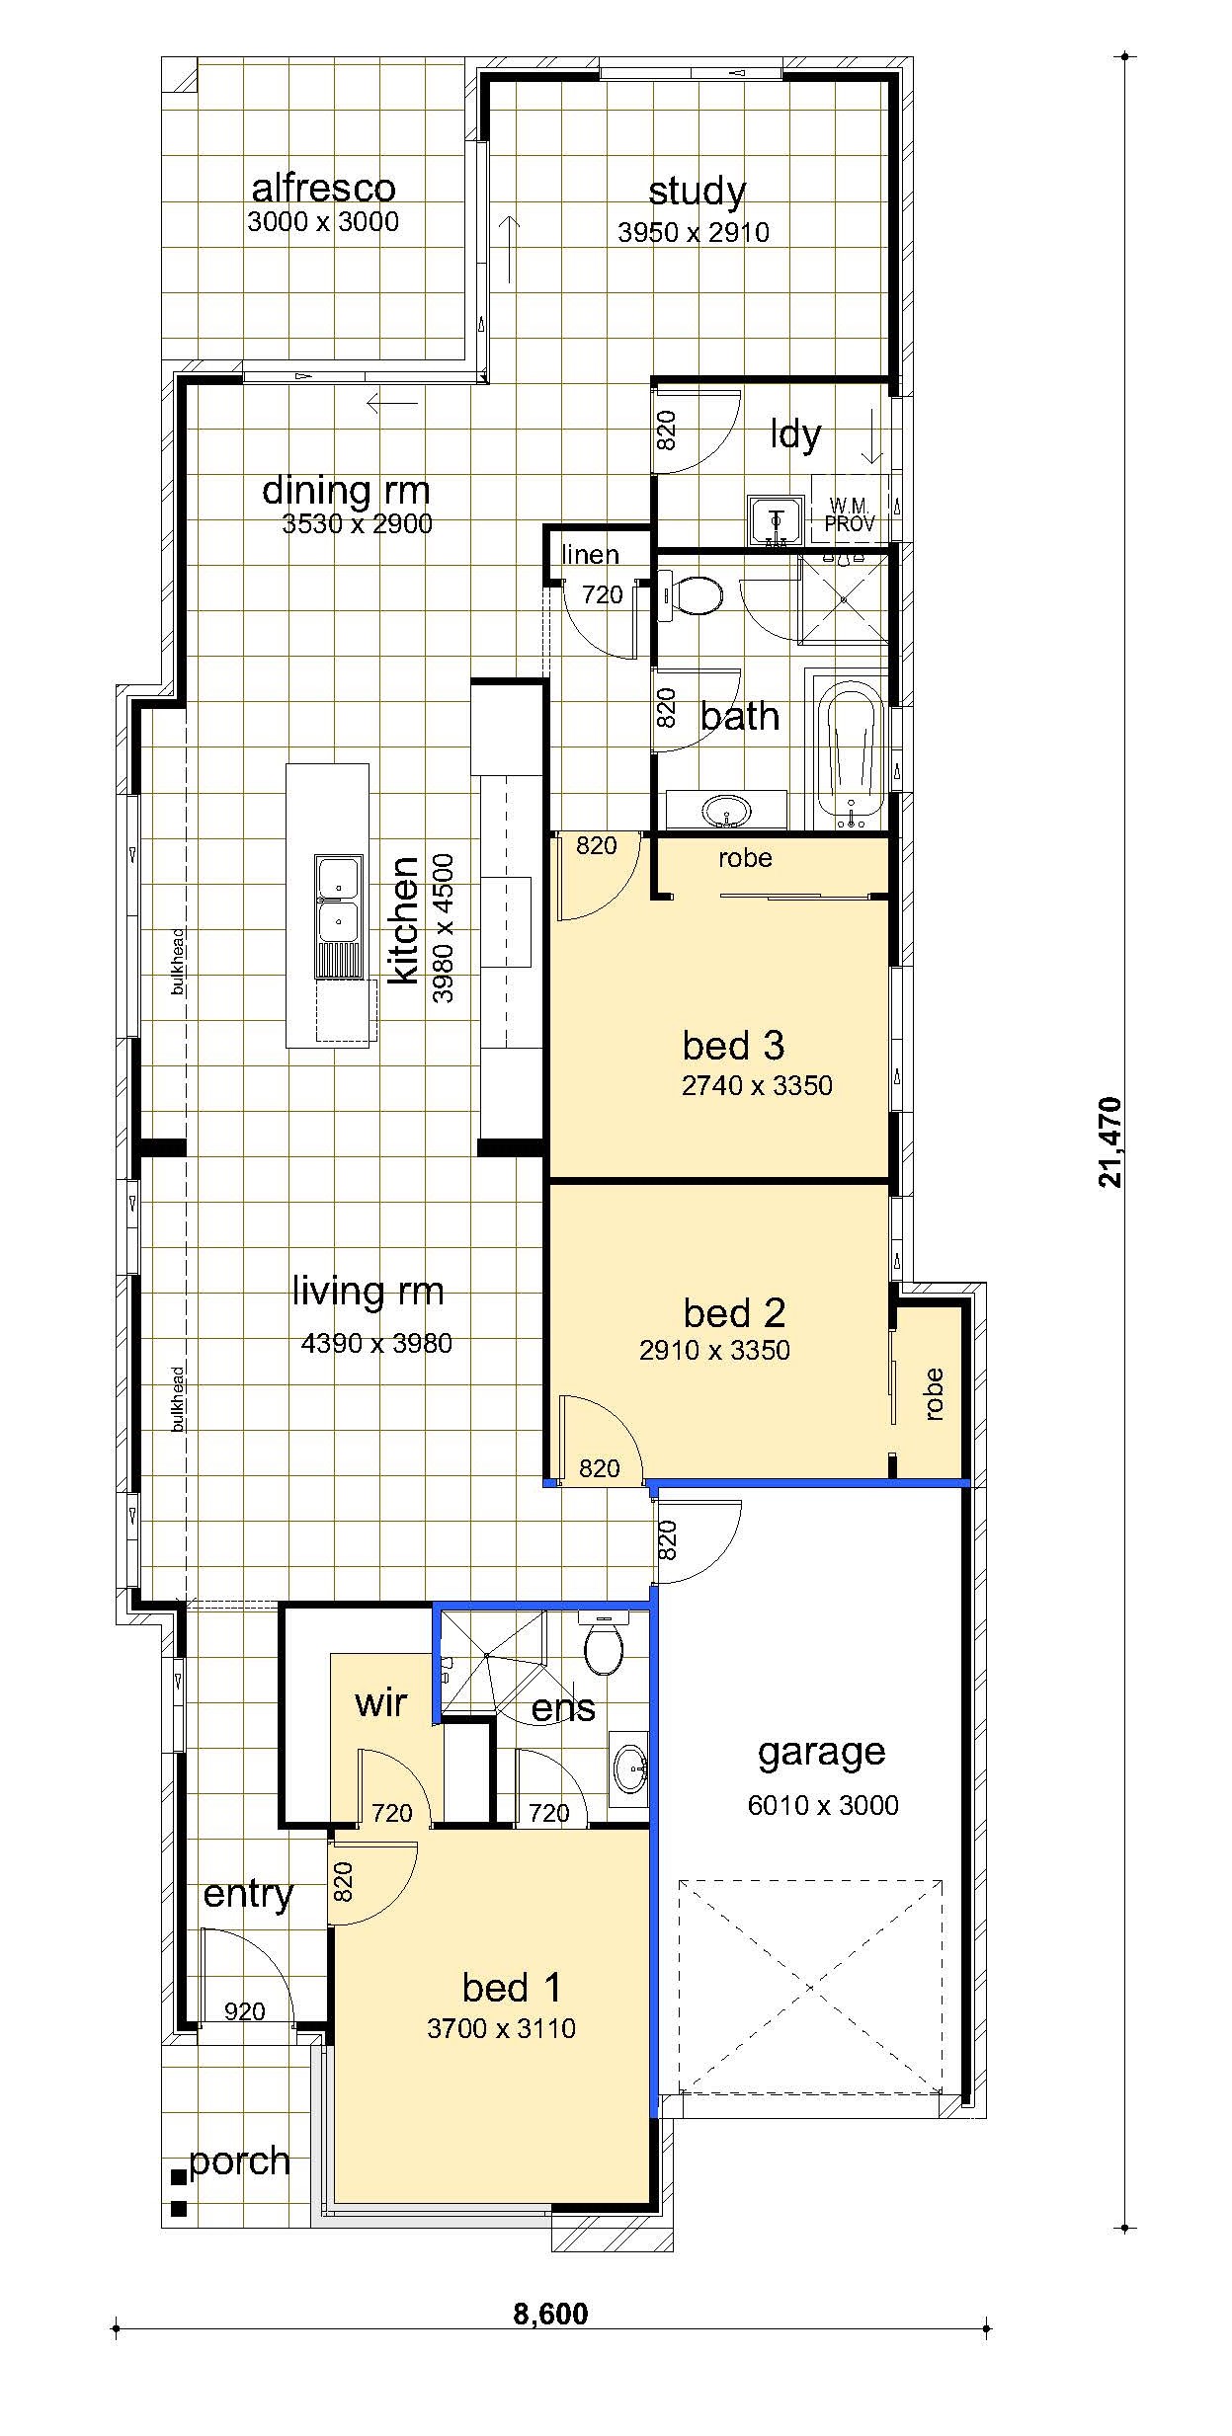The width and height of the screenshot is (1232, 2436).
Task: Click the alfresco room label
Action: click(323, 188)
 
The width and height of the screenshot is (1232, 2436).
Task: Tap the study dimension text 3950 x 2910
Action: click(694, 233)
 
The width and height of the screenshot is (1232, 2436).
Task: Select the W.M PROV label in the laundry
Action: click(850, 516)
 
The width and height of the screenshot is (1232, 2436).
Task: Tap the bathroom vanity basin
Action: click(727, 811)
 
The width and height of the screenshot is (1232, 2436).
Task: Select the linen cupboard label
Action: click(590, 555)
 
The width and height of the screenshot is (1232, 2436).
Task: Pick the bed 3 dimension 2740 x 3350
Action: click(757, 1086)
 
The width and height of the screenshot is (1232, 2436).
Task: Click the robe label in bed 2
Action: click(935, 1394)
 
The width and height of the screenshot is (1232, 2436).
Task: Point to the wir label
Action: click(380, 1702)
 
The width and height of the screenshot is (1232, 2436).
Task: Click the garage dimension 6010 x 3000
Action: click(823, 1806)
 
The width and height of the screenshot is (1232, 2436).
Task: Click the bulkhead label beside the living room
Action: click(178, 1398)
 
